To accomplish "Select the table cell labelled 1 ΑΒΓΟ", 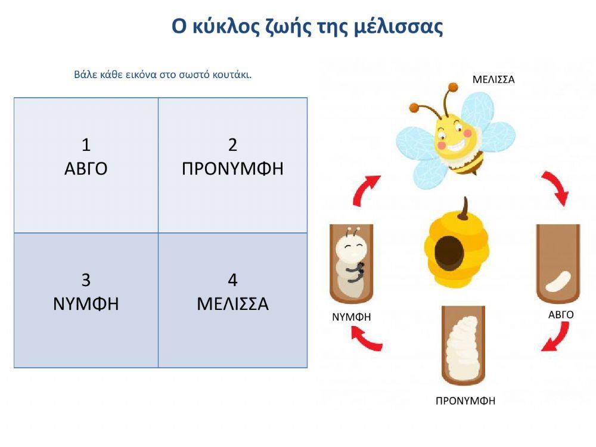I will [x=86, y=165].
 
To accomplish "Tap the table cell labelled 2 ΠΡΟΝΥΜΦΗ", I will [x=232, y=165].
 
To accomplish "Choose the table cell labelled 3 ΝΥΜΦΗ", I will [x=86, y=300].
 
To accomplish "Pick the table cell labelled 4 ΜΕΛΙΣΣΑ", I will [x=232, y=300].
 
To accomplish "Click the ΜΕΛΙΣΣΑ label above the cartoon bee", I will [x=493, y=79].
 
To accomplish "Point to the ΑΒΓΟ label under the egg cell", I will [x=561, y=315].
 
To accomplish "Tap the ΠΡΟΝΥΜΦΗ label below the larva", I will [x=465, y=401].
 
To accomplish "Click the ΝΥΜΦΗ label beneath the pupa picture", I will [x=352, y=317].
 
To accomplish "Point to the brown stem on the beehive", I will [x=464, y=207].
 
